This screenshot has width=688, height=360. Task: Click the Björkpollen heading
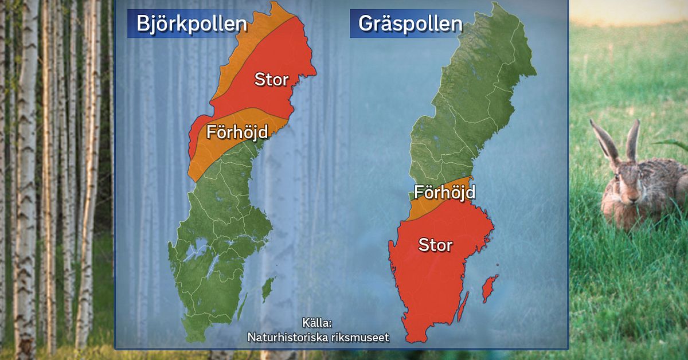tap(191, 24)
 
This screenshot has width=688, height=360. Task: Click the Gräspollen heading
tap(410, 24)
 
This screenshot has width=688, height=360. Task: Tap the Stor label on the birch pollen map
tap(271, 79)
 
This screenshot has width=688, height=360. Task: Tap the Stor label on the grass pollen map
tap(435, 245)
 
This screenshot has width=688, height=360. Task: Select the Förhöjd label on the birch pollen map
tap(237, 133)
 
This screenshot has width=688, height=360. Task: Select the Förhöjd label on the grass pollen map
tap(444, 192)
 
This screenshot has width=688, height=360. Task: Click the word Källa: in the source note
tap(317, 323)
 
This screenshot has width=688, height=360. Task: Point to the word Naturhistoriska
tap(283, 337)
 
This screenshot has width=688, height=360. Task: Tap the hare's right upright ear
tap(633, 140)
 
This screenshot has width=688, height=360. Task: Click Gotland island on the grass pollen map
tap(489, 288)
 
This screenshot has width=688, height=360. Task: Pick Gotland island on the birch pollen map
tap(268, 290)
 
